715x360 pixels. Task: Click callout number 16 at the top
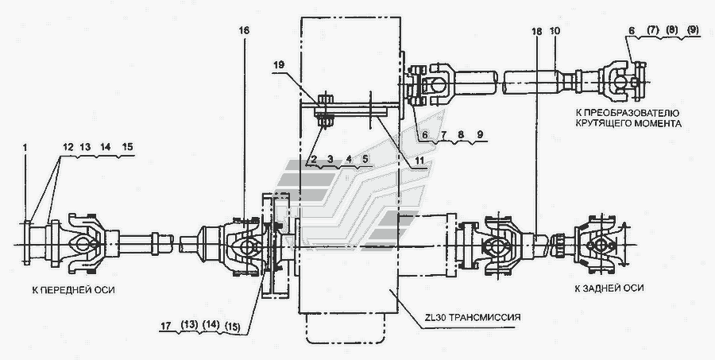[244, 30]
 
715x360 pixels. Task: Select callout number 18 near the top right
[537, 31]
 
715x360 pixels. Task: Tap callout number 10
[555, 31]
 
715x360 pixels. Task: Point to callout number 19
[279, 65]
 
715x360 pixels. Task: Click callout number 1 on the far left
[25, 147]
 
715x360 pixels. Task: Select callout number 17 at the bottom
[167, 326]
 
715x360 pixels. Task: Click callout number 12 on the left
[68, 147]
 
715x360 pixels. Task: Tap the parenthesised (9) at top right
[691, 29]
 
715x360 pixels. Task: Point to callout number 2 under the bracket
[314, 159]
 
